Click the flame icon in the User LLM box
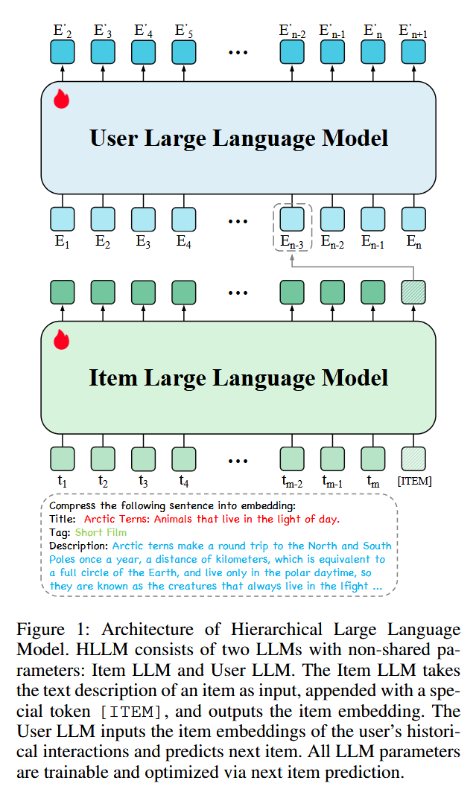pyautogui.click(x=61, y=99)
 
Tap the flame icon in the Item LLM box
pyautogui.click(x=61, y=339)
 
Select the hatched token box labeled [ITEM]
pyautogui.click(x=413, y=457)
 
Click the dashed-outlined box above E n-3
pyautogui.click(x=292, y=218)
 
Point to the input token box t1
pyautogui.click(x=63, y=457)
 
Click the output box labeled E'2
pyautogui.click(x=63, y=52)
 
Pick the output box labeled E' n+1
pyautogui.click(x=413, y=52)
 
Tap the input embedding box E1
pyautogui.click(x=63, y=218)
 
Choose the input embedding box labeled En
pyautogui.click(x=413, y=218)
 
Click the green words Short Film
pyautogui.click(x=101, y=532)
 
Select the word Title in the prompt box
pyautogui.click(x=62, y=519)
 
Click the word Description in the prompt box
pyautogui.click(x=77, y=546)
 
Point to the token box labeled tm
pyautogui.click(x=373, y=457)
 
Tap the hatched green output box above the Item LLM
pyautogui.click(x=413, y=291)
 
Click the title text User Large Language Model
pyautogui.click(x=238, y=138)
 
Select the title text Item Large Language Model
pyautogui.click(x=238, y=377)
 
